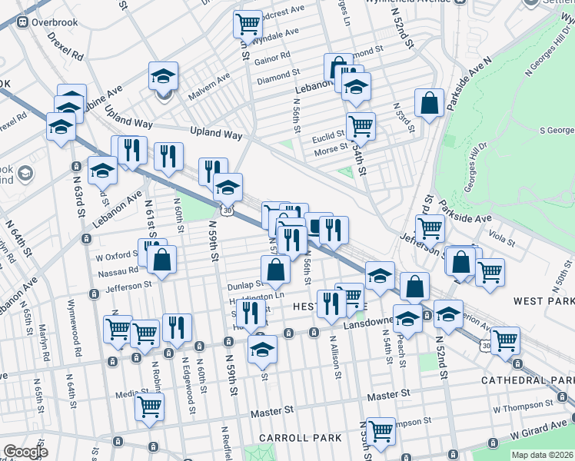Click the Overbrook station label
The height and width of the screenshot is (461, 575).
(x=56, y=22)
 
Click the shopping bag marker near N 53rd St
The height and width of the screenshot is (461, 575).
(x=429, y=103)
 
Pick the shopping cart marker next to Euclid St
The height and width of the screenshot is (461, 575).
(x=361, y=125)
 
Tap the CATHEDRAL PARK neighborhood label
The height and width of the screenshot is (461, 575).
(x=527, y=380)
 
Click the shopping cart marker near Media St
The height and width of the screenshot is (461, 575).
(x=149, y=407)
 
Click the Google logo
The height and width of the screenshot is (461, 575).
(x=25, y=452)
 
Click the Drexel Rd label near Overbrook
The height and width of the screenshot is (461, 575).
(x=64, y=47)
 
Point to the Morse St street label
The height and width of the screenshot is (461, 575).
(x=331, y=151)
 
